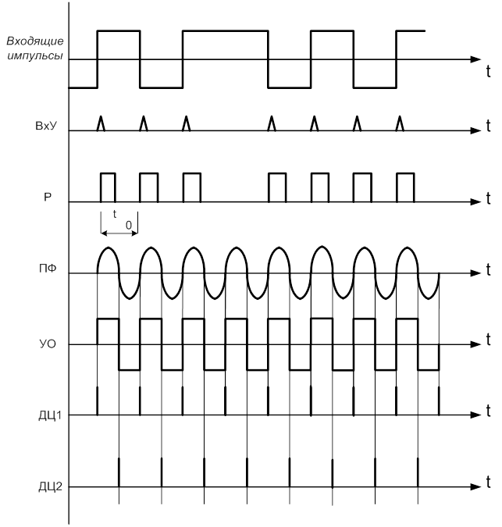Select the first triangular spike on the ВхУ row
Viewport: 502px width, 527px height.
point(100,123)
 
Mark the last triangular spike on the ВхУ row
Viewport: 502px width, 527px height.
point(401,123)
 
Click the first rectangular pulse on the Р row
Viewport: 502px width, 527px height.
point(108,187)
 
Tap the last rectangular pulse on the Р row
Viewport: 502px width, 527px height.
point(405,187)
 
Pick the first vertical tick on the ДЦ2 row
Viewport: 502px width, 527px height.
point(119,472)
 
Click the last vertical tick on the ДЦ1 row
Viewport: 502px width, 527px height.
point(439,401)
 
